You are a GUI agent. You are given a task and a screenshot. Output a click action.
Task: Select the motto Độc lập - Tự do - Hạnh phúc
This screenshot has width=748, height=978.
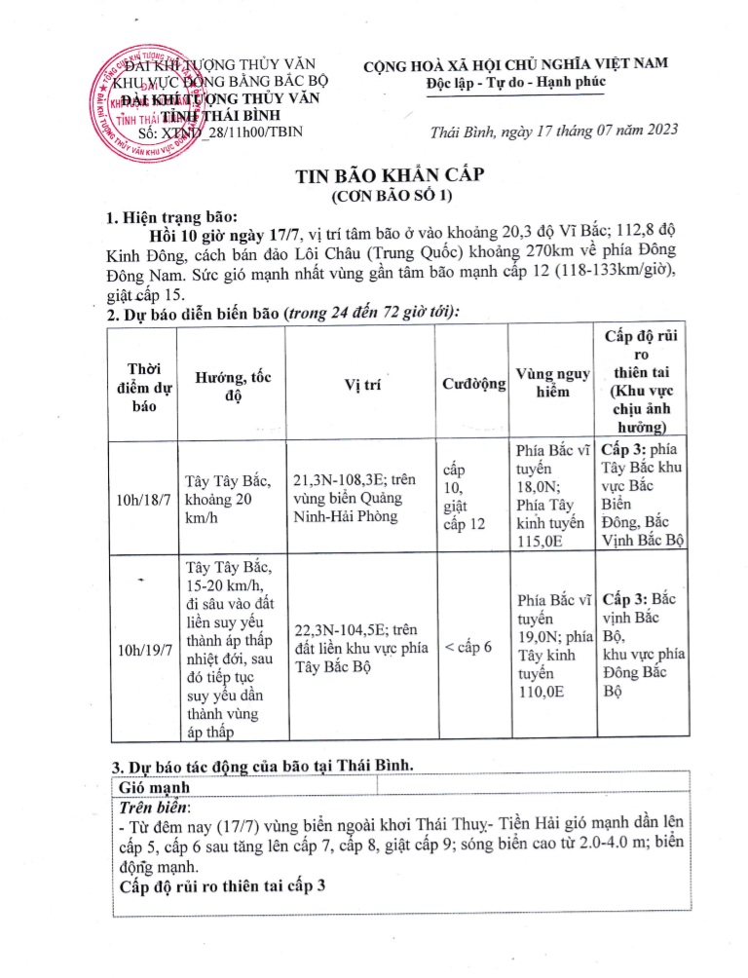[x=515, y=84]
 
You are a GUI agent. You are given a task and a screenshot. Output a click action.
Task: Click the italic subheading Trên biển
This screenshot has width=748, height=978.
[x=155, y=807]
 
